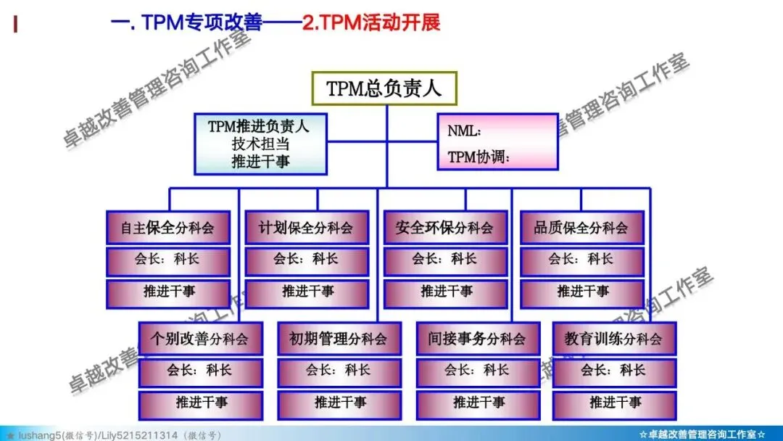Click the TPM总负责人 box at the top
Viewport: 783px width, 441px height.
384,88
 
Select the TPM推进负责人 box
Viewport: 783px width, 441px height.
260,144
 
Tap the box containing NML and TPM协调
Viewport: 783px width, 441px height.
497,141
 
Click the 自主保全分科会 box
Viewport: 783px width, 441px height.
168,228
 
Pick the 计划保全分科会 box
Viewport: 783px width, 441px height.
307,228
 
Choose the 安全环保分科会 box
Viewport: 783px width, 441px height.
444,228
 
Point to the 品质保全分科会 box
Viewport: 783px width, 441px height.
581,228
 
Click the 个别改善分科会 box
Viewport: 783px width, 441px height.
200,338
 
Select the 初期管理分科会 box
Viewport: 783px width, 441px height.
339,338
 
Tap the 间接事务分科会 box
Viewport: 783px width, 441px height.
478,338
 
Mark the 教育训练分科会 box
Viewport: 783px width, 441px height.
614,338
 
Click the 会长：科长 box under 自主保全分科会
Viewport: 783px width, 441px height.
168,260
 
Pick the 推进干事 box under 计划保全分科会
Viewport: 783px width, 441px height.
307,292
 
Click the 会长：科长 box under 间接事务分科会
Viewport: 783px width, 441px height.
478,371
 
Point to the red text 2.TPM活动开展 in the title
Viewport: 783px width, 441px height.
371,22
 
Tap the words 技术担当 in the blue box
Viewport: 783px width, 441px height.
260,144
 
